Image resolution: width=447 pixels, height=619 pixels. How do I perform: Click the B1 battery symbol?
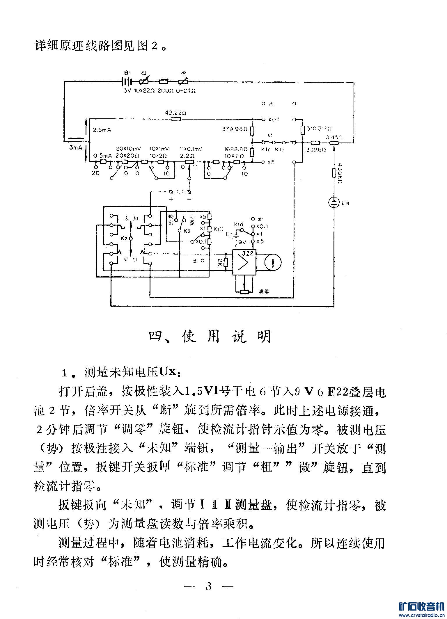127,82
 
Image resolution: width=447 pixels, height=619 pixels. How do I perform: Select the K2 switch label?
124,239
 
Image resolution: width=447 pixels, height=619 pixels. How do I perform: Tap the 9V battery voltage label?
242,242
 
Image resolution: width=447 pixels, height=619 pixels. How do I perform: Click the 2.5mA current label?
102,130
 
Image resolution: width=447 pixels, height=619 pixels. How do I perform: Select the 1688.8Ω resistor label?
236,149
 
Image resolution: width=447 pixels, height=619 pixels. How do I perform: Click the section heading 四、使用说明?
210,337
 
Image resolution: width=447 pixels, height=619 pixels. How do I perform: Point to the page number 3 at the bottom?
208,586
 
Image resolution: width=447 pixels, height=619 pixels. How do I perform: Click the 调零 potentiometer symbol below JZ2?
244,292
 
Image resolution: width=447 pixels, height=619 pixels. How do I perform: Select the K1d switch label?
238,224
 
